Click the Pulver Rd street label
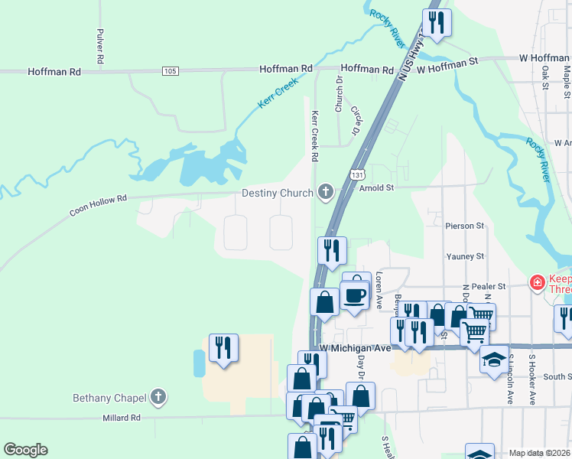coord(99,46)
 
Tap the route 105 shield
coord(171,71)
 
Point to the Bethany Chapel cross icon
coord(158,397)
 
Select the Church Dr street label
coord(339,94)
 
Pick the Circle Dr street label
coord(356,121)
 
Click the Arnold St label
coord(376,186)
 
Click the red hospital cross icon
coord(538,283)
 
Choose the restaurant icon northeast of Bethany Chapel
coord(223,347)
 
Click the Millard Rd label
coord(123,418)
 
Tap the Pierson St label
coord(465,226)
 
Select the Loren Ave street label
coord(379,291)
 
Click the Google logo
coord(25,449)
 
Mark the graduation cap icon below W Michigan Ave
coord(494,360)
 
